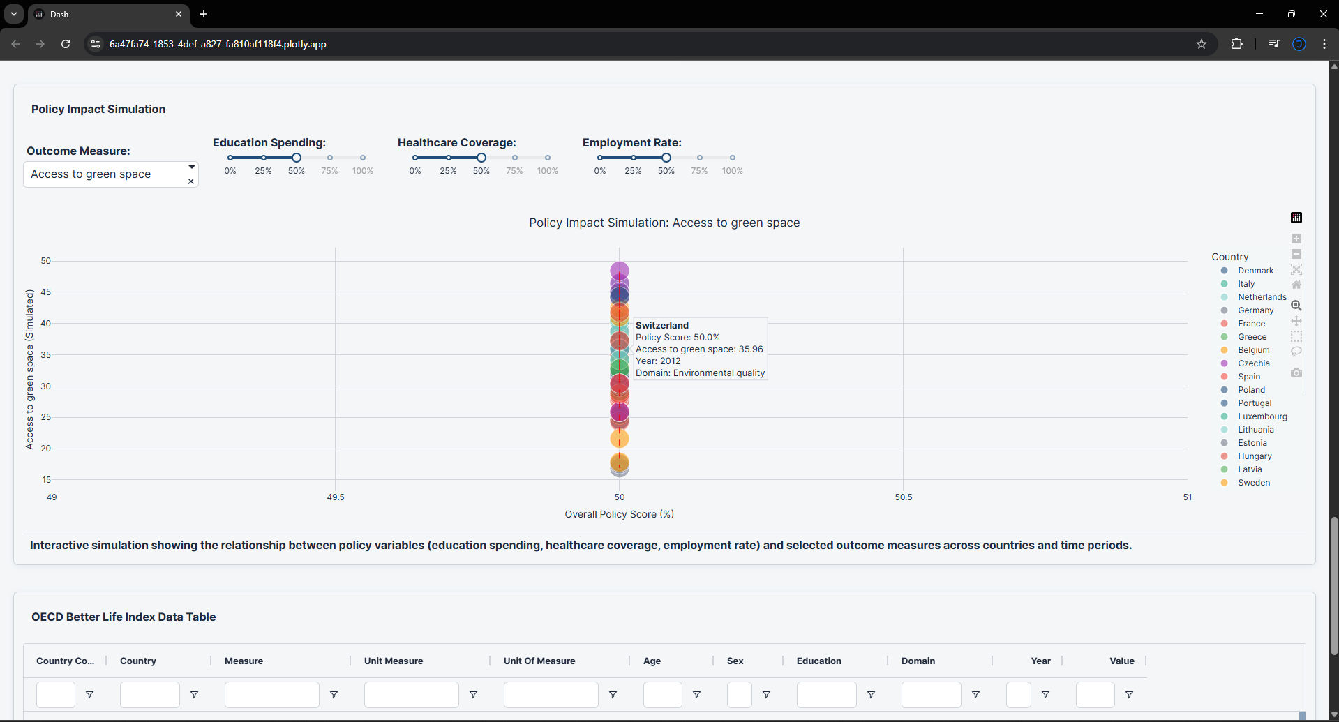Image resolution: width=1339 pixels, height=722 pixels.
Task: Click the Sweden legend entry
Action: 1253,483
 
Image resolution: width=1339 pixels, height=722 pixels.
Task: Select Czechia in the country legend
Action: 1253,363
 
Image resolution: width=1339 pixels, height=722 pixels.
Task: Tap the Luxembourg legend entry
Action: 1262,416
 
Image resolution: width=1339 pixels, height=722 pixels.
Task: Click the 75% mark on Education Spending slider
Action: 330,158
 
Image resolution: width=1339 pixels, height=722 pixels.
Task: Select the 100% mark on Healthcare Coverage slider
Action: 548,158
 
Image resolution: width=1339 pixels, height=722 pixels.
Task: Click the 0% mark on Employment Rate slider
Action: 600,158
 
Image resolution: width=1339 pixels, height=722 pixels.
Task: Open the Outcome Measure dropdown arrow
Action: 191,167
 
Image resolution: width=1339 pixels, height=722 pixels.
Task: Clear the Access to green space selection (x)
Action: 191,181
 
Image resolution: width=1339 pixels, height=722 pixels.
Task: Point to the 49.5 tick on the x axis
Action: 336,497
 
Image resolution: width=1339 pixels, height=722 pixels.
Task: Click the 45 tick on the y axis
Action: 46,292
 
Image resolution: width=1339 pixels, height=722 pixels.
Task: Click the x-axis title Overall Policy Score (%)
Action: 619,514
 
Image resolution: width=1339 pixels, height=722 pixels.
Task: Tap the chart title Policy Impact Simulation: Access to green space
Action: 664,223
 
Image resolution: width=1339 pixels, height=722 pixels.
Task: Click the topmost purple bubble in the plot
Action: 619,270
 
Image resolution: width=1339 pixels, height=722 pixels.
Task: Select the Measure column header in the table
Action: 244,661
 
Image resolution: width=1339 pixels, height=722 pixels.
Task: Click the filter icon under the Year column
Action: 1045,695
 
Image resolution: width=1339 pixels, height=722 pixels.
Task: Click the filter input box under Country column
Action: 149,695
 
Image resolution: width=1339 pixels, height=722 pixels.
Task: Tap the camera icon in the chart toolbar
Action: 1296,373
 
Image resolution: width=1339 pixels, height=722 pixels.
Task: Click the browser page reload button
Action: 66,44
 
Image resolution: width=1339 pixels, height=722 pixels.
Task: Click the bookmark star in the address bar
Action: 1202,44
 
